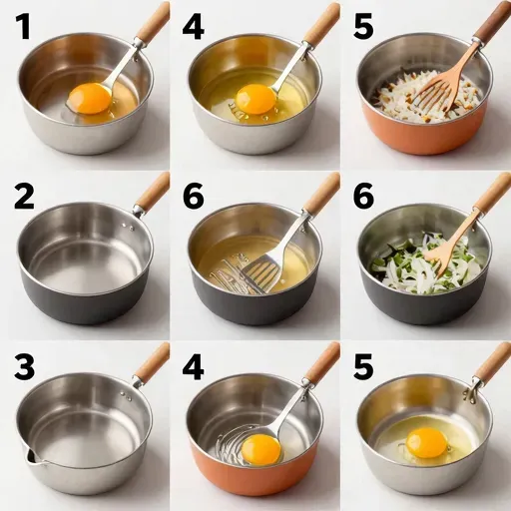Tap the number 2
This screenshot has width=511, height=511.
tap(24, 197)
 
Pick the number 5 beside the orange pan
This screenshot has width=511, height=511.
tap(364, 28)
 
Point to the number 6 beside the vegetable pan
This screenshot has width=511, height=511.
tap(364, 197)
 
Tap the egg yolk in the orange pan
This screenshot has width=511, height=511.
tap(260, 447)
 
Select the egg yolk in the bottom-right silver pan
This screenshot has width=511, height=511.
tap(426, 441)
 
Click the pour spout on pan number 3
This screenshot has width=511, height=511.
tap(28, 457)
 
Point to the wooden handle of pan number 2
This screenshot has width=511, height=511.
tap(153, 191)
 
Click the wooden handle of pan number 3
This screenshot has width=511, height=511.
tap(153, 360)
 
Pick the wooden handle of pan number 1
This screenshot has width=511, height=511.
tap(153, 22)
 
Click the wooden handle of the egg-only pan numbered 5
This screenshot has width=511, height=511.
tap(493, 361)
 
